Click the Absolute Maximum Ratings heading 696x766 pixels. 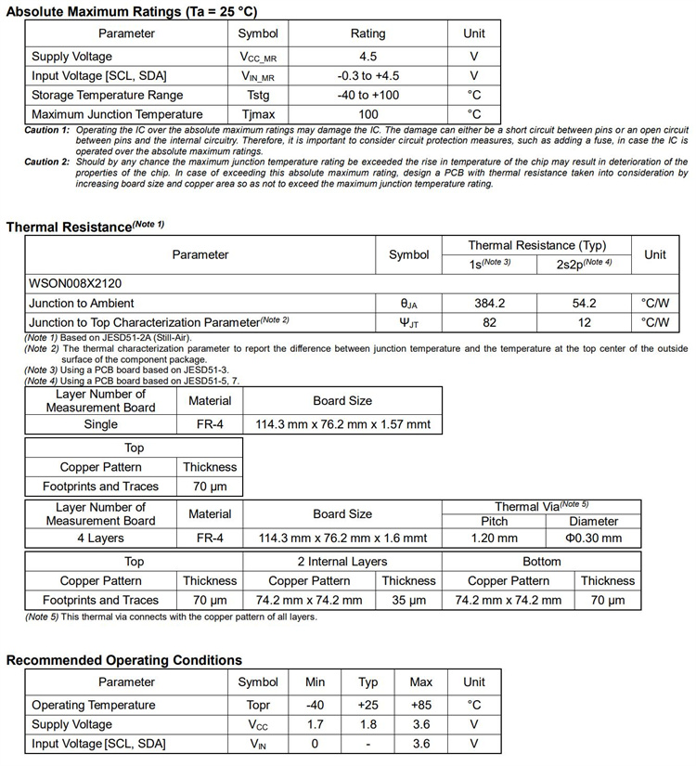pos(133,10)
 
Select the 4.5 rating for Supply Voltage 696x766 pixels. pos(367,57)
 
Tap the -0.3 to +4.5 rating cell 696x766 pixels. pos(367,76)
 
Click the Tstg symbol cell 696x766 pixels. pos(258,96)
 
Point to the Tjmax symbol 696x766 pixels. pos(258,115)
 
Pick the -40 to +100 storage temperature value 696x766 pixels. pos(367,96)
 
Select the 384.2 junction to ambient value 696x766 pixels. pos(489,303)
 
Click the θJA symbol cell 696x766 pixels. pos(409,303)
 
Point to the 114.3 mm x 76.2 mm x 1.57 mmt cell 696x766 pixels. pos(342,424)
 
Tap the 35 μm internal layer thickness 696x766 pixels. pos(408,600)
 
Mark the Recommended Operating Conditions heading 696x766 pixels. pos(124,660)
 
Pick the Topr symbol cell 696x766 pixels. pos(258,705)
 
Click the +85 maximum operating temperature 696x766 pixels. pos(421,705)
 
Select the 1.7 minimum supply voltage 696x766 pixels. pos(316,724)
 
